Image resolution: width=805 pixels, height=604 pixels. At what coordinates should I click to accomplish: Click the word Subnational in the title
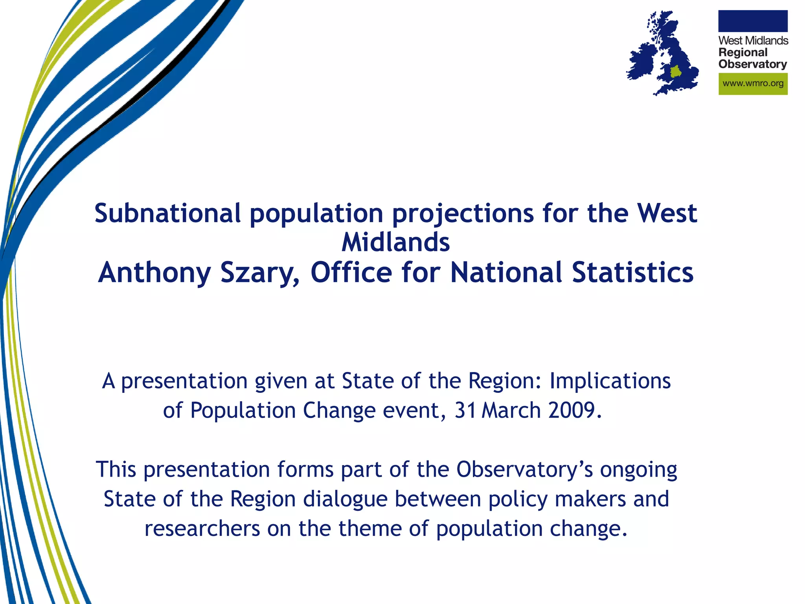[x=167, y=214]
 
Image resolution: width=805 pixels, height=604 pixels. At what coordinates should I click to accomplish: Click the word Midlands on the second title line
[x=395, y=242]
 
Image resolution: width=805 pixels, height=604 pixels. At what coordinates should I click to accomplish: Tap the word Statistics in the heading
[x=632, y=272]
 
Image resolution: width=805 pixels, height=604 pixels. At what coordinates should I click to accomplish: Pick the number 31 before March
[x=465, y=411]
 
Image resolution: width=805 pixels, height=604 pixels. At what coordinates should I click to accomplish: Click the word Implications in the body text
[x=610, y=381]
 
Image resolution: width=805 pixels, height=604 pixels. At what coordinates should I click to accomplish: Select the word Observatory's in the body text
[x=524, y=470]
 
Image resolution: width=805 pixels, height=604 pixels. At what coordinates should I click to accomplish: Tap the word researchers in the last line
[x=202, y=528]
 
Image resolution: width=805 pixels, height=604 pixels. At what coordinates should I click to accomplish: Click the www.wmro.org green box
[x=752, y=84]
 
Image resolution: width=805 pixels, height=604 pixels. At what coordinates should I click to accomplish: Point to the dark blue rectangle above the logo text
[x=752, y=21]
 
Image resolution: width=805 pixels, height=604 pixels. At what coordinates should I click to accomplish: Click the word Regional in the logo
[x=743, y=53]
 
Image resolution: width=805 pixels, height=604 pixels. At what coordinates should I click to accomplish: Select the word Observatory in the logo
[x=752, y=64]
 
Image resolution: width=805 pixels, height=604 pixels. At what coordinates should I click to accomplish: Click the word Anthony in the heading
[x=154, y=273]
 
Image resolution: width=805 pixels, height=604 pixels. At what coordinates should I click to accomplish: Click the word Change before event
[x=339, y=411]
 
